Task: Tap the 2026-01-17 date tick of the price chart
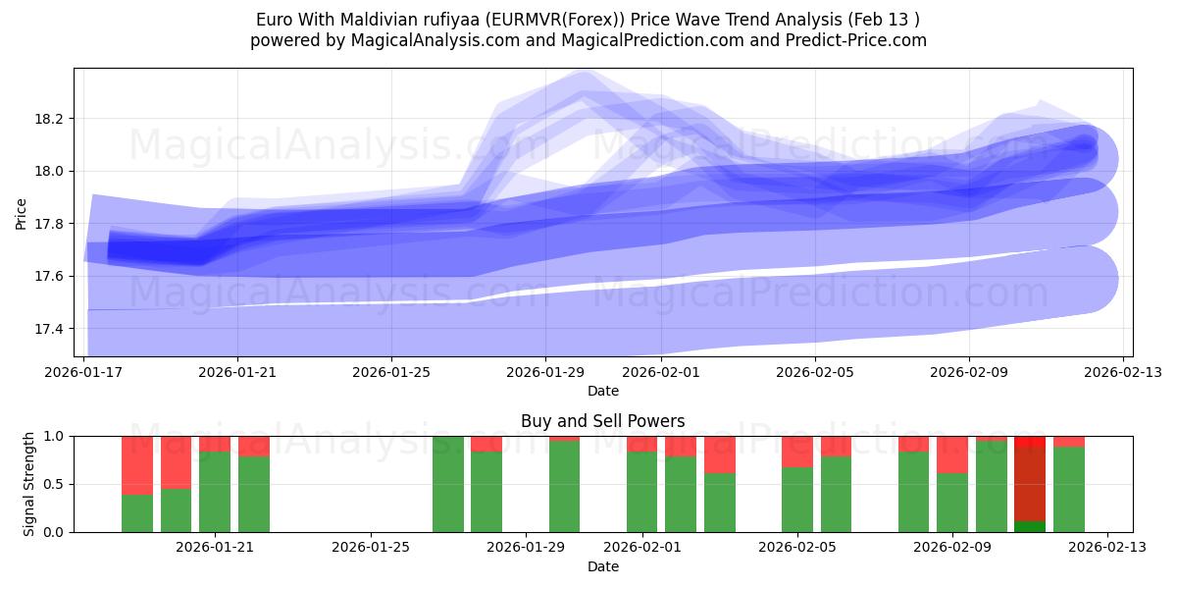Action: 83,372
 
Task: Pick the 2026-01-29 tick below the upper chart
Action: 546,372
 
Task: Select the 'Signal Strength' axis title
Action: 29,484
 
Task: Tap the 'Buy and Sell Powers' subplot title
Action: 602,421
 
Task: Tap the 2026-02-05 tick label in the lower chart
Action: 796,547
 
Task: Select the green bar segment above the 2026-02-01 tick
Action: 641,492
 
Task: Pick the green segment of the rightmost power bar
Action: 1069,489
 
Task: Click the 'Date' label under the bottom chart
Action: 602,566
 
